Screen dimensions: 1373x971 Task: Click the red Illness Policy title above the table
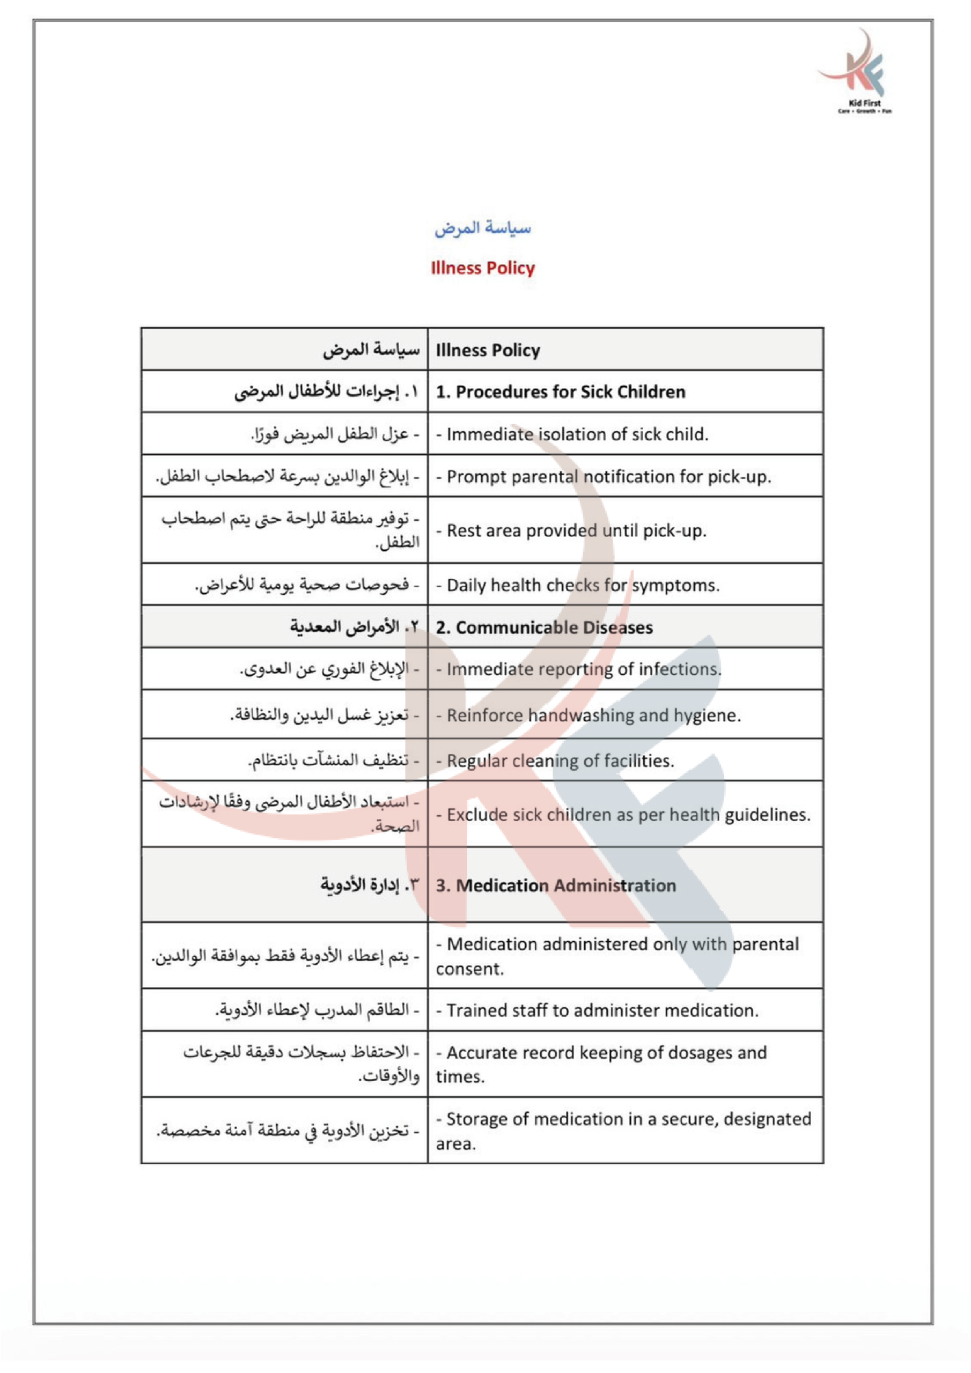click(482, 268)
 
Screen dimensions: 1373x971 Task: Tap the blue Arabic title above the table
click(482, 228)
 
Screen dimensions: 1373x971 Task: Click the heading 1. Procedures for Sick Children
click(561, 392)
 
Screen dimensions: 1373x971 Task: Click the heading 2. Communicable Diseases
click(544, 628)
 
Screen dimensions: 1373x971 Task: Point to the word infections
click(680, 669)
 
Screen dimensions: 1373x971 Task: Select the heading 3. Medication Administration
click(556, 885)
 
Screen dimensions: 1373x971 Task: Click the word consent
click(469, 969)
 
